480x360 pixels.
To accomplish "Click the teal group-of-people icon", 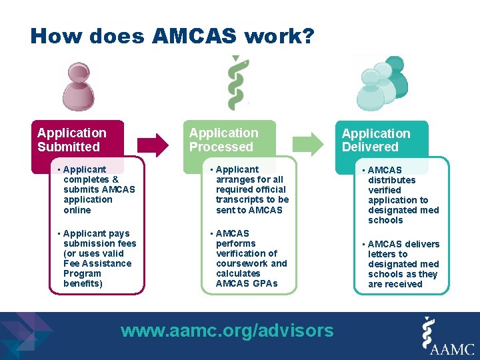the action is pos(381,83).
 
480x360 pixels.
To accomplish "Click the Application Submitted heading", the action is pos(71,140).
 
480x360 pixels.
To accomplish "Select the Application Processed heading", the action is pos(223,140).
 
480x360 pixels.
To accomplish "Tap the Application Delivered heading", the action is pos(375,141).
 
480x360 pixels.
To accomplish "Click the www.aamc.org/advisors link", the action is pos(227,330).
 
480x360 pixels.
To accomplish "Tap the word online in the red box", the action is pos(77,210).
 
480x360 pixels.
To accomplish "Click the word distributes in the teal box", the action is pos(391,180).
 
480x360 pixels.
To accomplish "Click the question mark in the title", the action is pos(308,36).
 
